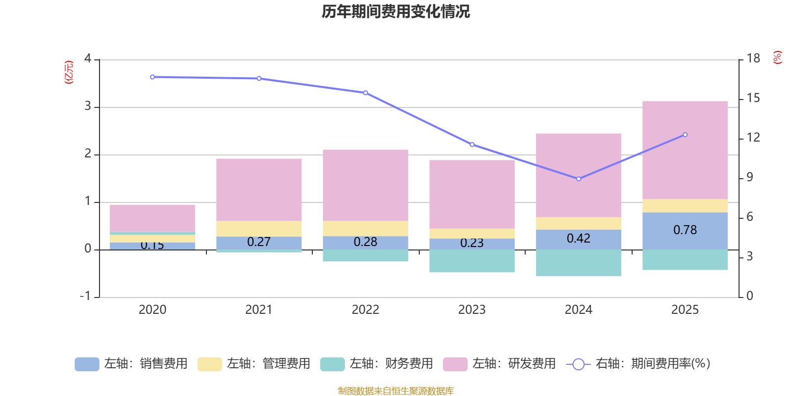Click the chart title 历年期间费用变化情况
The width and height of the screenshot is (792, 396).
point(396,11)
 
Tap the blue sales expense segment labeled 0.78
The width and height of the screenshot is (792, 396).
point(685,230)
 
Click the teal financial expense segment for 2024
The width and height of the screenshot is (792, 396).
point(578,263)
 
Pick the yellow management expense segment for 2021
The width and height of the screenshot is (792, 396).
point(259,229)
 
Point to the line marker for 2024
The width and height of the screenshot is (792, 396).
point(579,179)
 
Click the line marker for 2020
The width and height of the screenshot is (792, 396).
point(152,77)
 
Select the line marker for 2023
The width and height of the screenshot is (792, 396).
point(472,145)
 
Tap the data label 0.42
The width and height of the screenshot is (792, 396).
point(578,239)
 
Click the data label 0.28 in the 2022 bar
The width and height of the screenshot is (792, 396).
point(365,242)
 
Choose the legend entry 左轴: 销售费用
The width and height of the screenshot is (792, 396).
point(131,364)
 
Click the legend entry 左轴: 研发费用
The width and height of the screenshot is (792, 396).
point(499,364)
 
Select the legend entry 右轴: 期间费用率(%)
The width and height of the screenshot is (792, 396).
point(639,364)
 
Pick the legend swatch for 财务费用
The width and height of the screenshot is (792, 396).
point(332,364)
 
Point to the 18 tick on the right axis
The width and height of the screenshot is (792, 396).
point(753,58)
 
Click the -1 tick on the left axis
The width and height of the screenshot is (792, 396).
point(86,296)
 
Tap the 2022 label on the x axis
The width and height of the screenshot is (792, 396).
point(365,309)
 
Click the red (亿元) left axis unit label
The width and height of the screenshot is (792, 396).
point(69,72)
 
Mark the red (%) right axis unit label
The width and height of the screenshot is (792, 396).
point(777,57)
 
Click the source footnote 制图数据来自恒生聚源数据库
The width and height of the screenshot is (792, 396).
point(396,391)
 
